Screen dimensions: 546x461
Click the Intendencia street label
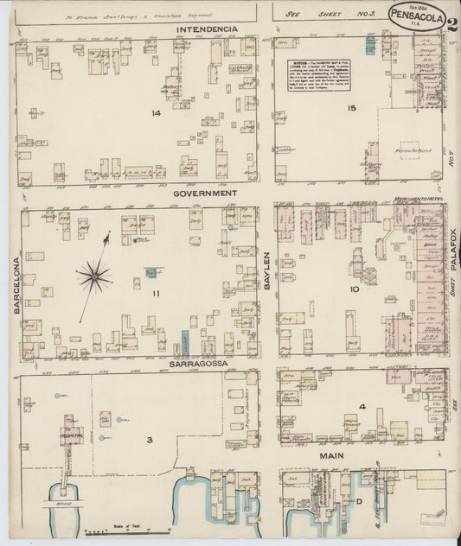(x=206, y=29)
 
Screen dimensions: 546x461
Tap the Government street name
(x=205, y=194)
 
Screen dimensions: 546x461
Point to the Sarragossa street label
(x=200, y=364)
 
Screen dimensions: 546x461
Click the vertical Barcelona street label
(x=16, y=283)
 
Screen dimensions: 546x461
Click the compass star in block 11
(x=93, y=276)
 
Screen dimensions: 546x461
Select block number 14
(x=156, y=113)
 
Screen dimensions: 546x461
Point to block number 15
(x=351, y=108)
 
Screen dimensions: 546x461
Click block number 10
(x=354, y=289)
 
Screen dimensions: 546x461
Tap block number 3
(x=149, y=440)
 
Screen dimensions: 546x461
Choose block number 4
(x=363, y=406)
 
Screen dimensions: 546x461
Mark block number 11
(x=157, y=295)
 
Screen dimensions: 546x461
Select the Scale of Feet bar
(x=121, y=531)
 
